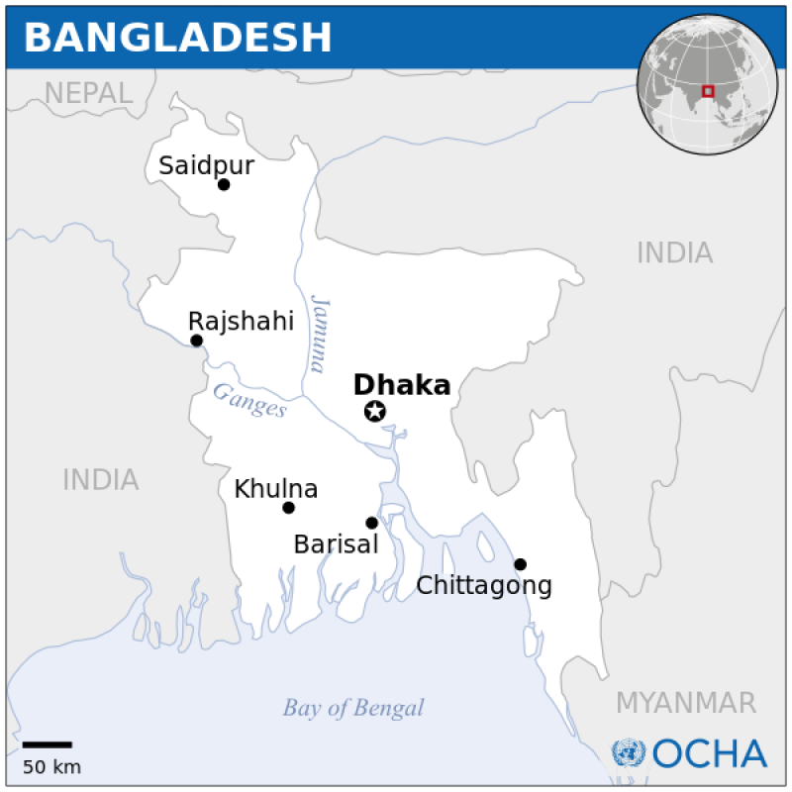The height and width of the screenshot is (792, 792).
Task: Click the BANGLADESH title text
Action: (178, 38)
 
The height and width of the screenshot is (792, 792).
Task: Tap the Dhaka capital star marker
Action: (375, 412)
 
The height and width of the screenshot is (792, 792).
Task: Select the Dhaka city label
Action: (402, 385)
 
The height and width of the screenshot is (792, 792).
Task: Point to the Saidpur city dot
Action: (224, 184)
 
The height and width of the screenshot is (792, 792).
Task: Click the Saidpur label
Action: (206, 165)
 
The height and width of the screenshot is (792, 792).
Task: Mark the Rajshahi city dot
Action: (196, 341)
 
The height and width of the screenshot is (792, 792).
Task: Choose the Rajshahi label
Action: (241, 321)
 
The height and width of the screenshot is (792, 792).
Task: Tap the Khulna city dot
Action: (288, 508)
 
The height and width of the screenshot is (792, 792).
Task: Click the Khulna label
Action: (275, 489)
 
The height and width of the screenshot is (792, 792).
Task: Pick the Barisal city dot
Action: (371, 523)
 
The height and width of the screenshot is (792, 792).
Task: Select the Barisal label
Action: (336, 544)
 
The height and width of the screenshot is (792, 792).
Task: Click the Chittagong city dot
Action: (520, 564)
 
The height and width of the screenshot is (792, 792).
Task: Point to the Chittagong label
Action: (483, 585)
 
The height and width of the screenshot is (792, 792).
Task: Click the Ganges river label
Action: (249, 400)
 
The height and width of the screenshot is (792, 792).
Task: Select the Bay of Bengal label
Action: (352, 708)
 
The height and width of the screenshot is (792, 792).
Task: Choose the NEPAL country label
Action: (88, 93)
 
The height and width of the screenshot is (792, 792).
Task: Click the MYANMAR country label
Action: (685, 703)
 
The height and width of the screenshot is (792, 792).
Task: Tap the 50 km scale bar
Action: (47, 744)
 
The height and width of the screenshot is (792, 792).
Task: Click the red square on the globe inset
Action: (707, 92)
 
